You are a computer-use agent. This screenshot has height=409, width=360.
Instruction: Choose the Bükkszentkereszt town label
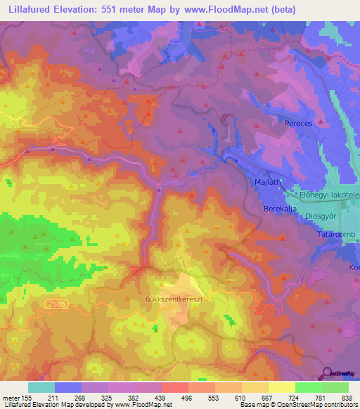click(x=168, y=298)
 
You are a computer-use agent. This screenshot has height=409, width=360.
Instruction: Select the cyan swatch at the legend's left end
click(x=41, y=387)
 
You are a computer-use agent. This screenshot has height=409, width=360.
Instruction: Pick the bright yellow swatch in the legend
click(x=281, y=387)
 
